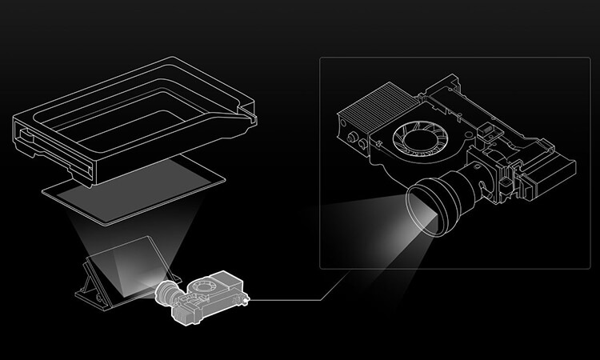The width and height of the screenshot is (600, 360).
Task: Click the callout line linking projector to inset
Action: (296, 300)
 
